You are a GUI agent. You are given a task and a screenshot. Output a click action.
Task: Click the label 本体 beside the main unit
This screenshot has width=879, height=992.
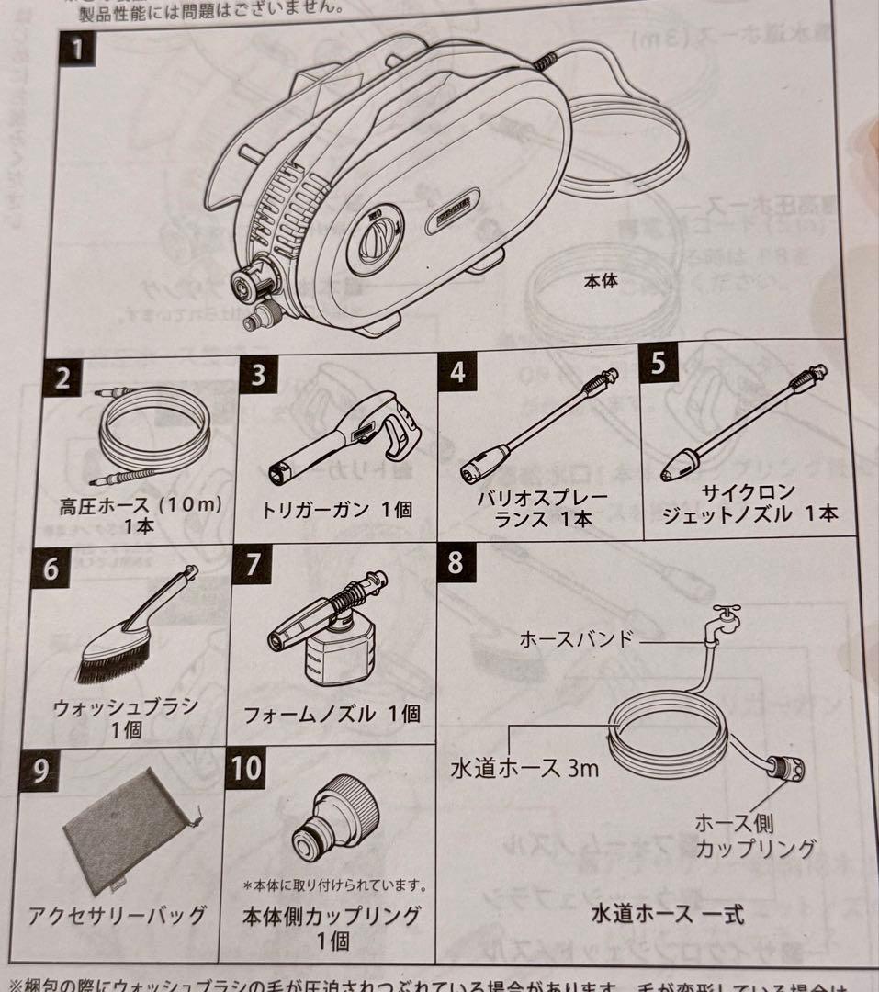[603, 282]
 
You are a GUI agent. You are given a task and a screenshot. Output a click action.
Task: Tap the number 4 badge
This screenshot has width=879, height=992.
[457, 371]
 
